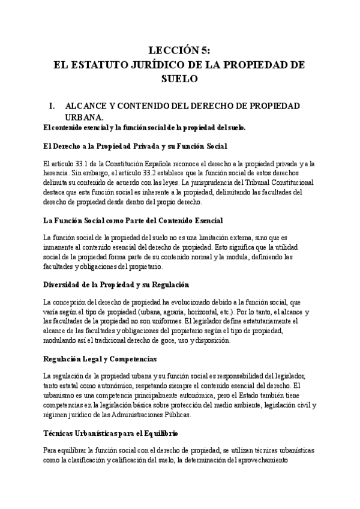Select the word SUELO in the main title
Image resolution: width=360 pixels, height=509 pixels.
(179, 77)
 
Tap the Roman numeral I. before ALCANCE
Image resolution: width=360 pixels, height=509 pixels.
(52, 106)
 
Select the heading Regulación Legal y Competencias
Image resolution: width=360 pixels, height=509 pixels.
(100, 359)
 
